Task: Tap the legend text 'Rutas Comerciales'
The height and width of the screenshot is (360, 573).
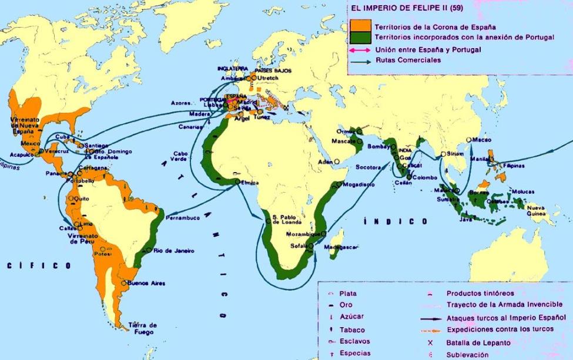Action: pos(407,60)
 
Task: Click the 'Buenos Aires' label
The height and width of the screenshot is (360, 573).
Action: pos(146,283)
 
